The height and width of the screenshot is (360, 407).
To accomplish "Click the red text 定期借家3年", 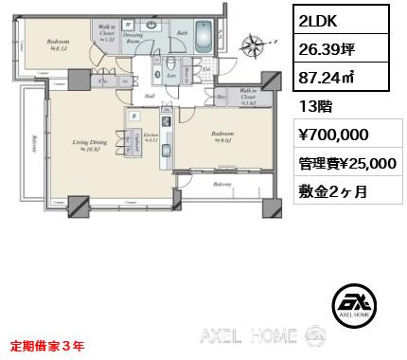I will point(47,346).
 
